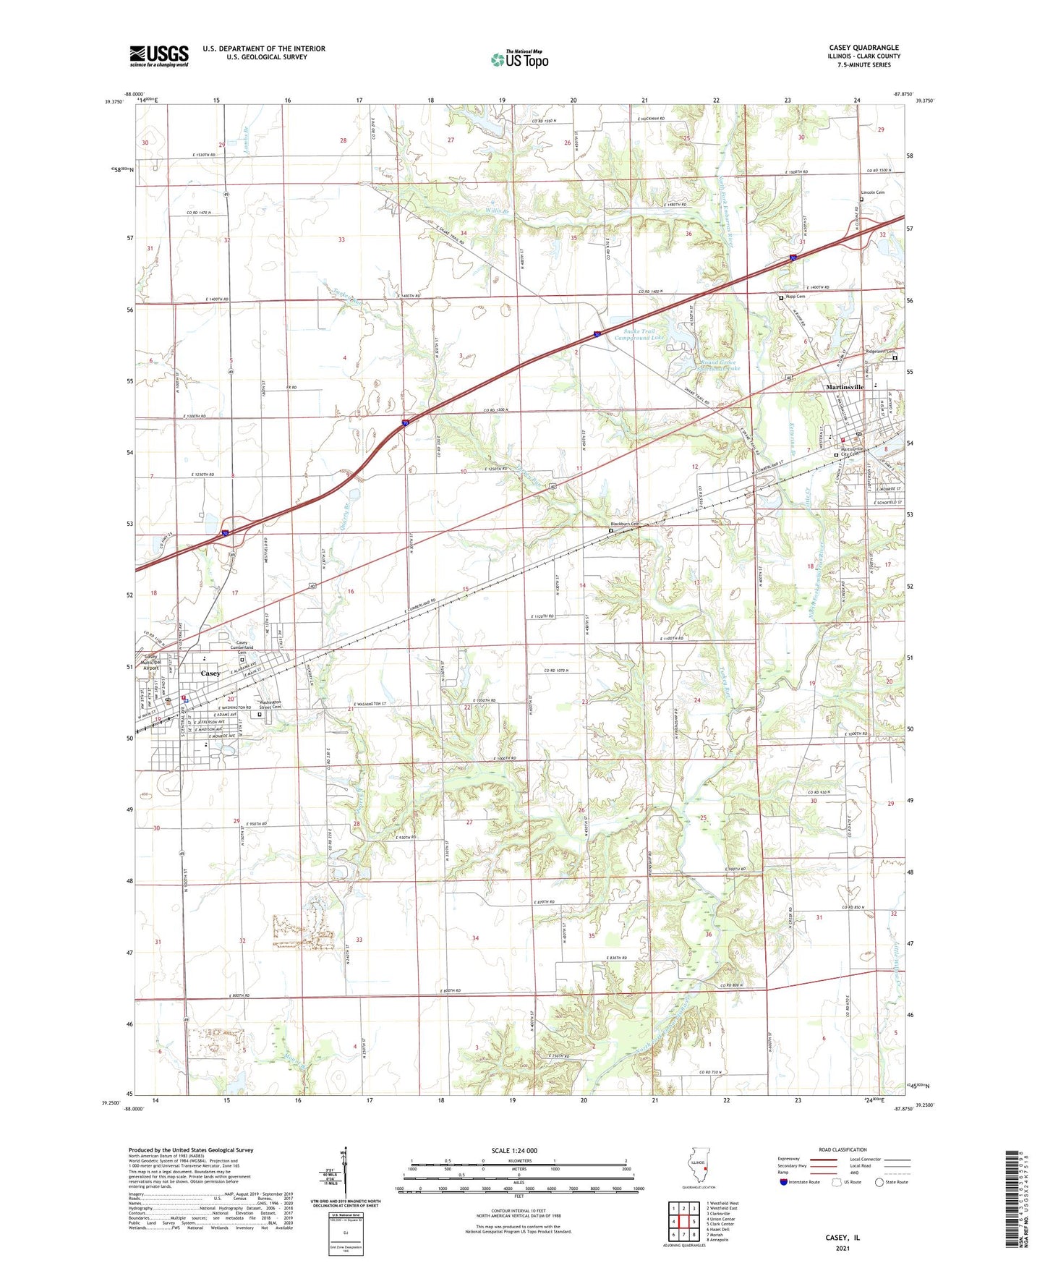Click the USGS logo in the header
[159, 55]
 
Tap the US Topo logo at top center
[519, 59]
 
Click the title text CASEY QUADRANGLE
[864, 48]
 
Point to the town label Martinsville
[845, 387]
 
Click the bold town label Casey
[210, 673]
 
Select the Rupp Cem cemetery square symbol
[781, 297]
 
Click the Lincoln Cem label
[872, 192]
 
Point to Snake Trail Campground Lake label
[639, 334]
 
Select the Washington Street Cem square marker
[260, 715]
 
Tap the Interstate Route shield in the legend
[783, 1182]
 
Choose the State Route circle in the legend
[879, 1182]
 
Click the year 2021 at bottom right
[842, 1249]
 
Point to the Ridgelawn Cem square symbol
[895, 358]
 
